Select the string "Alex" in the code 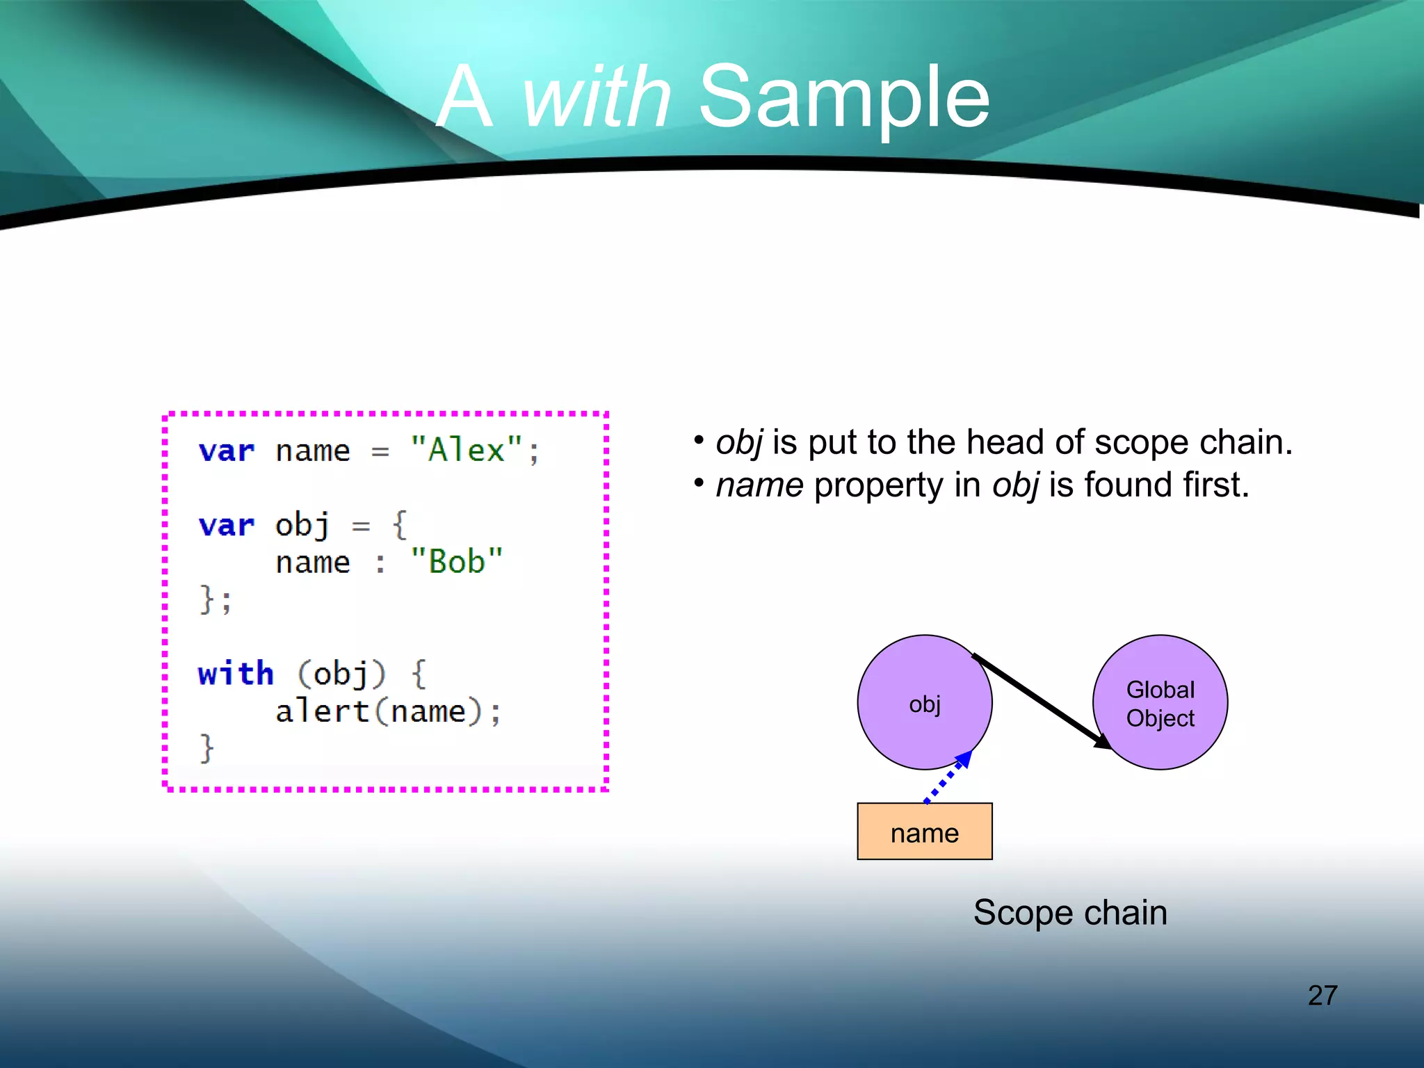pyautogui.click(x=467, y=451)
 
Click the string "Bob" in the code pyautogui.click(x=456, y=562)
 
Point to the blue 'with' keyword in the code pyautogui.click(x=236, y=674)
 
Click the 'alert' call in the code pyautogui.click(x=321, y=711)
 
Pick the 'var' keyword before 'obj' pyautogui.click(x=227, y=526)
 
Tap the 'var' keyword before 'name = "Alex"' pyautogui.click(x=227, y=451)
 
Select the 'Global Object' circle pyautogui.click(x=1160, y=702)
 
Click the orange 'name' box pyautogui.click(x=924, y=832)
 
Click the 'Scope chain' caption pyautogui.click(x=1070, y=912)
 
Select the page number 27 pyautogui.click(x=1322, y=995)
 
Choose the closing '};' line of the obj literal pyautogui.click(x=216, y=599)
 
